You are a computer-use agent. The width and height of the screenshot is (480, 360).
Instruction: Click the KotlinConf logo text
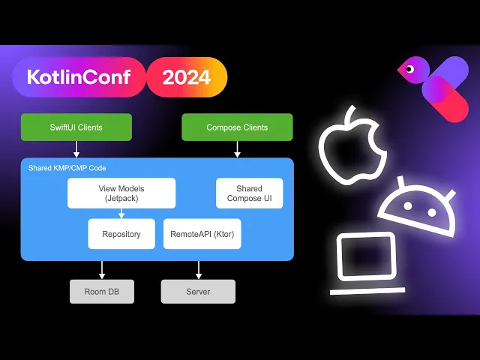78,76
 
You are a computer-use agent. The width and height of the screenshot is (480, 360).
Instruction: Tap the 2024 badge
186,76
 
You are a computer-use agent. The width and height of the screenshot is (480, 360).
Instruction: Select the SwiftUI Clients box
76,127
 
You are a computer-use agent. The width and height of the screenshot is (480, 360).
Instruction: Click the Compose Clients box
237,127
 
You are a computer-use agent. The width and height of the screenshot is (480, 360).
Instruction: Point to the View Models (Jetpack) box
121,193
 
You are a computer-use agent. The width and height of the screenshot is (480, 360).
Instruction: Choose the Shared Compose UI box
249,193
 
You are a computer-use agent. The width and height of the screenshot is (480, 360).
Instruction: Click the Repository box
121,234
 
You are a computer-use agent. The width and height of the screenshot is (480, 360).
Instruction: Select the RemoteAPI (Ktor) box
201,234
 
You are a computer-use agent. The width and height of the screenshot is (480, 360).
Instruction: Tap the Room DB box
102,291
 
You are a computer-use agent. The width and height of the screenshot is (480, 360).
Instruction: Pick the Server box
198,291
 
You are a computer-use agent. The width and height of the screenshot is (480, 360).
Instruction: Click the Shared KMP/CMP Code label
67,168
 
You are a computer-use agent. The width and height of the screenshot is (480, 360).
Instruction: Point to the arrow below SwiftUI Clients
76,149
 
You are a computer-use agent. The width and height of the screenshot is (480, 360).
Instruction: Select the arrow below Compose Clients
237,149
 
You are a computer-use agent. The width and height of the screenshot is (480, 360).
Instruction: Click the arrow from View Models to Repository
121,214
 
